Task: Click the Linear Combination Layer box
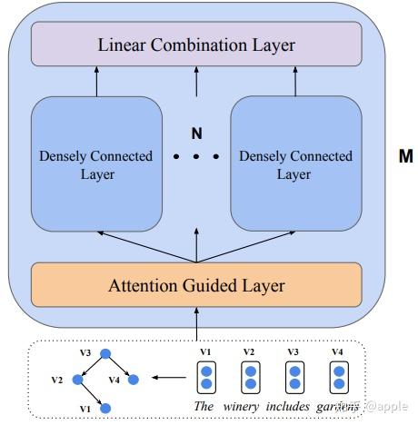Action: [x=196, y=43]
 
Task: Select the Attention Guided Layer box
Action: [x=196, y=286]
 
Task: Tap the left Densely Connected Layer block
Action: [x=95, y=164]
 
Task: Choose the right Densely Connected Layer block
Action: [x=295, y=164]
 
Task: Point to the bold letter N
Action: [x=195, y=133]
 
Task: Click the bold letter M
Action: [x=405, y=156]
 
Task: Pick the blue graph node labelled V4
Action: [x=132, y=380]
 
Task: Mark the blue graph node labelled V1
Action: [x=104, y=408]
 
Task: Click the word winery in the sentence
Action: [x=242, y=406]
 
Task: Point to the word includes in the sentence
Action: [x=294, y=406]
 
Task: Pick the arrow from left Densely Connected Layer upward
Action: [x=95, y=83]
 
